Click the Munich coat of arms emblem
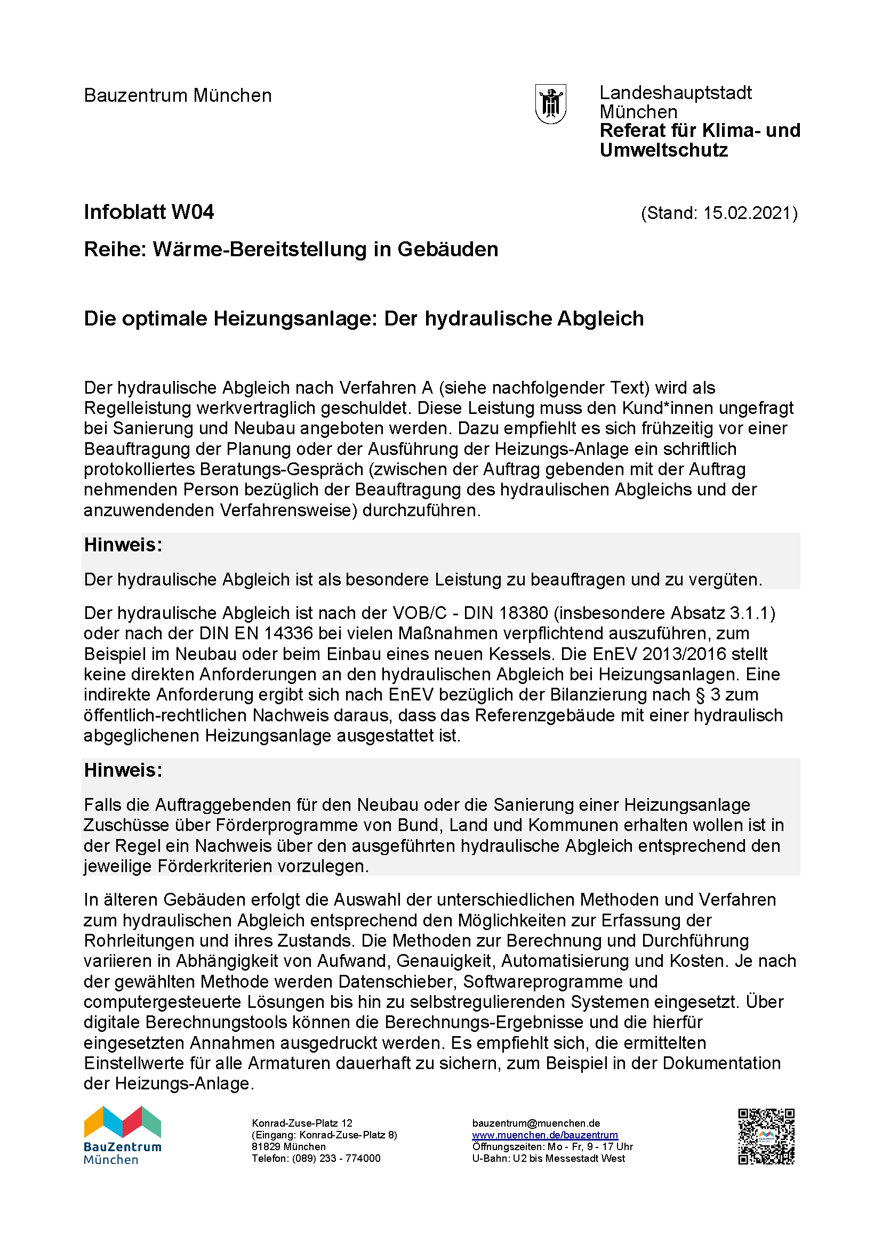551,104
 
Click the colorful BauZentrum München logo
123,1135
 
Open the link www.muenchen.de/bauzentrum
545,1135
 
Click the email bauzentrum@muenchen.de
536,1123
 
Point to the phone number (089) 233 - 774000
336,1158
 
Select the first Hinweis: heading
123,545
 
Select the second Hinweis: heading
123,770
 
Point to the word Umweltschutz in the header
663,150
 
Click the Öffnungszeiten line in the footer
552,1147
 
